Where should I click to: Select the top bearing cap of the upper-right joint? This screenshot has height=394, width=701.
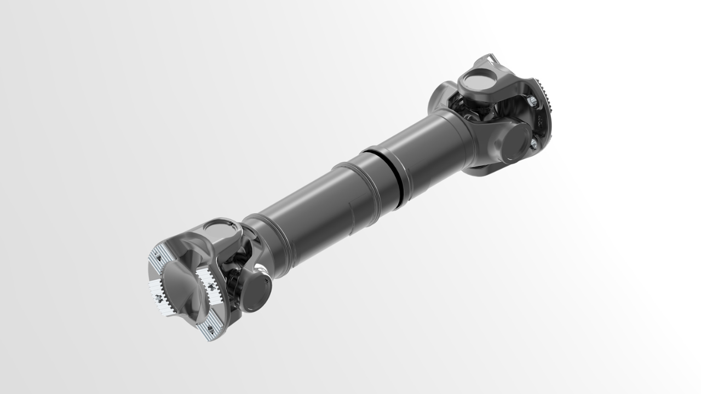coord(476,82)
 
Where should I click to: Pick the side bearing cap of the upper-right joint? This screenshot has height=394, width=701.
coord(515,141)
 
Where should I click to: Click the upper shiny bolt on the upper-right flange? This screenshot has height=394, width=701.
coord(531,101)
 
